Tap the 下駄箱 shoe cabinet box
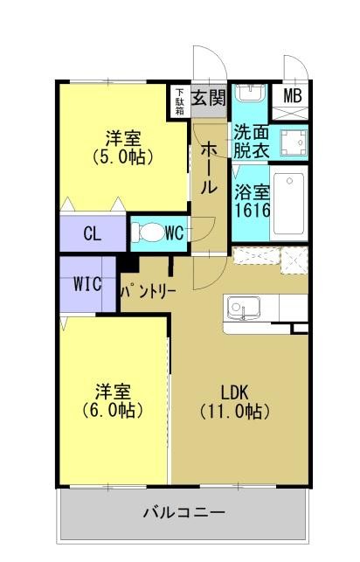pyautogui.click(x=179, y=101)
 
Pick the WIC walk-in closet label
pyautogui.click(x=87, y=283)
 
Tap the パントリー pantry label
pyautogui.click(x=149, y=288)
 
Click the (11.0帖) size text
pyautogui.click(x=233, y=410)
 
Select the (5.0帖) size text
pyautogui.click(x=124, y=157)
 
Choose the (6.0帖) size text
pyautogui.click(x=114, y=409)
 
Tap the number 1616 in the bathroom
pyautogui.click(x=252, y=211)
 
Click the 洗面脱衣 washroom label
pyautogui.click(x=250, y=141)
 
